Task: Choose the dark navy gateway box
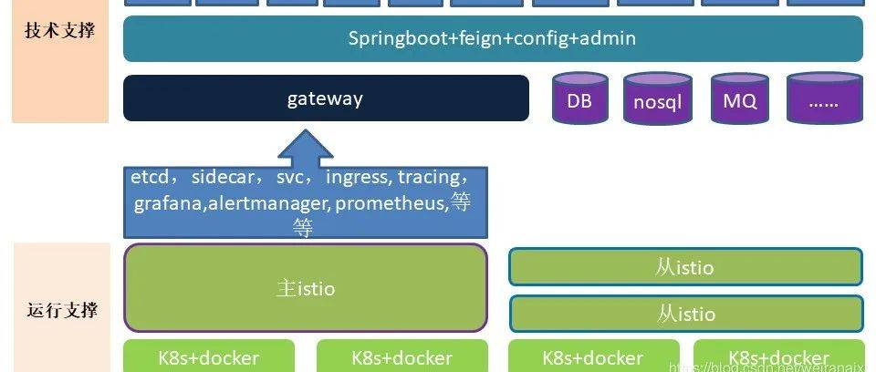[x=326, y=98]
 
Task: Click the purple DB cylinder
[x=579, y=100]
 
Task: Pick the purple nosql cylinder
[x=657, y=101]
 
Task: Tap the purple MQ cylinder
[x=740, y=100]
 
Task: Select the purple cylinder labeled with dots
[x=824, y=100]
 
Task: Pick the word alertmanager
[x=268, y=202]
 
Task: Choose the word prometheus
[x=391, y=202]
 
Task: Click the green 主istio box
[x=306, y=288]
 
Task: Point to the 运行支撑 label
[x=60, y=310]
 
